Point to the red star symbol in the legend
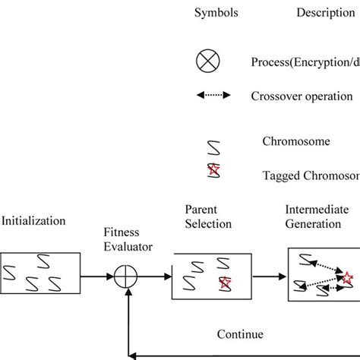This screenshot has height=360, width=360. (215, 171)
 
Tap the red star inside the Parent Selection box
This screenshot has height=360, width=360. (225, 285)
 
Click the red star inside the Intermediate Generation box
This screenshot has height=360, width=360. (348, 277)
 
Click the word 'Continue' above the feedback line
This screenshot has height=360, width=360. (239, 333)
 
